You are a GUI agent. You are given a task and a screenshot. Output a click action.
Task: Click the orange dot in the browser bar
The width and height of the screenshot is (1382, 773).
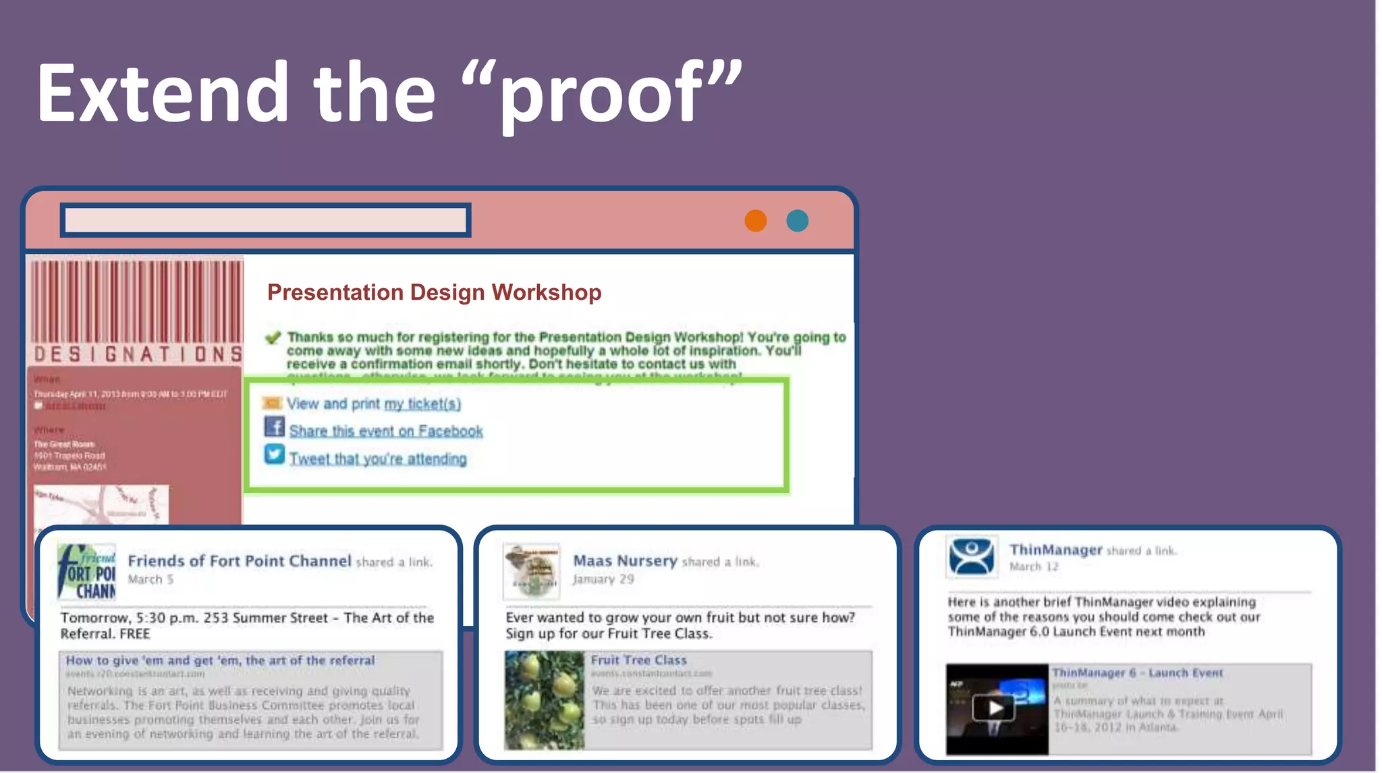coord(755,221)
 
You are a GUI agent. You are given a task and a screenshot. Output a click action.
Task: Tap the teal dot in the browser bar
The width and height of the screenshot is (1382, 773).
coord(797,221)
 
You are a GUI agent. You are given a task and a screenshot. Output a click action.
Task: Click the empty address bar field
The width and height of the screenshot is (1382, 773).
coord(265,220)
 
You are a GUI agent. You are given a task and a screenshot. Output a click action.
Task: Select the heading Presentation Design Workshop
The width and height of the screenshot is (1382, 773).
coord(434,292)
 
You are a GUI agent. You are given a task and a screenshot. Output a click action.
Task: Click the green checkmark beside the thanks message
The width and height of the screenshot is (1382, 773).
coord(273,338)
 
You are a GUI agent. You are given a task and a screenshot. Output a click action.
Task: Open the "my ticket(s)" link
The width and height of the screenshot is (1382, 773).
coord(422,404)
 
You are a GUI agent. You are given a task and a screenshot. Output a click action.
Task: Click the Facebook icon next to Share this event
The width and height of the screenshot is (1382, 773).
coord(274,427)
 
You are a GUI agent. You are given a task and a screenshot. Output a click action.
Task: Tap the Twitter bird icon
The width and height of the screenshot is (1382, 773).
coord(274,454)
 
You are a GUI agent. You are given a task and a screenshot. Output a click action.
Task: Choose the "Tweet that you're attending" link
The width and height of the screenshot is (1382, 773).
coord(378,459)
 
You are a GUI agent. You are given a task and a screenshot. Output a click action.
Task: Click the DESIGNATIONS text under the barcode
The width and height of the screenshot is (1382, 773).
coord(138,354)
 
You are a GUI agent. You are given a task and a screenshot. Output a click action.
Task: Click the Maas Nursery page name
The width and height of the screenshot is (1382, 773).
coord(625,561)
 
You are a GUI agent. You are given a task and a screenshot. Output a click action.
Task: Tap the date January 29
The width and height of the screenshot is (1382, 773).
coord(603,579)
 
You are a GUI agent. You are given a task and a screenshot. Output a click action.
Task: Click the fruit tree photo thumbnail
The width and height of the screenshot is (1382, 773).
coord(544,700)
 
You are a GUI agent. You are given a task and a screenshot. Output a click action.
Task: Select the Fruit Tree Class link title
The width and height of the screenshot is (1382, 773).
coord(638,660)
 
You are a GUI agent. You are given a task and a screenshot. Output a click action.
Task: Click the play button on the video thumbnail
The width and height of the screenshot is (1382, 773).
coord(995,708)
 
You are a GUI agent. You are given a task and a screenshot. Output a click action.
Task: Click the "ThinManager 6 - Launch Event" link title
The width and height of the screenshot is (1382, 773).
coord(1137,673)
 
